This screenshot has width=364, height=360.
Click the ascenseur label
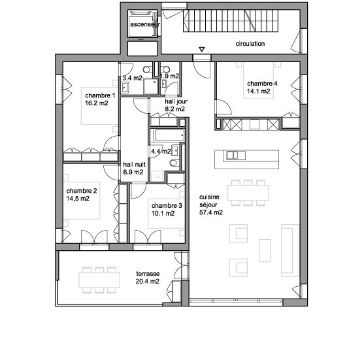(145, 24)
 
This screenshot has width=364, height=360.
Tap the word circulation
(250, 44)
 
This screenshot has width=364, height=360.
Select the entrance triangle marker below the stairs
(202, 49)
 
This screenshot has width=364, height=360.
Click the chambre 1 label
(100, 95)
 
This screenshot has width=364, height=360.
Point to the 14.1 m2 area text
(258, 91)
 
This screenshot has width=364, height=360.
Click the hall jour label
(176, 101)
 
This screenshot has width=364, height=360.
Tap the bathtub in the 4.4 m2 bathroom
(169, 135)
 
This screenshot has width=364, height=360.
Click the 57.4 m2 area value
(211, 212)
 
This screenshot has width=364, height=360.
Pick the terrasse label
(148, 274)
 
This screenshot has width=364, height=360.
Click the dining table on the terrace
(99, 280)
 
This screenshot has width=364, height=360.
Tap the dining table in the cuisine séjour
(248, 193)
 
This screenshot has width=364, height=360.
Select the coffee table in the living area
(265, 251)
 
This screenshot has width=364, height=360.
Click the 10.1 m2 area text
(163, 213)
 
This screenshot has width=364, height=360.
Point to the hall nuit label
(134, 165)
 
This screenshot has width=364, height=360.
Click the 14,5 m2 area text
(78, 199)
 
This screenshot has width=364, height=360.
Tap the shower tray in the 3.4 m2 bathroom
(150, 86)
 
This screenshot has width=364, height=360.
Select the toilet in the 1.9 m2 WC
(166, 69)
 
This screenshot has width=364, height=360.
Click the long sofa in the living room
(290, 250)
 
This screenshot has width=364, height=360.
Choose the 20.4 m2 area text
(148, 282)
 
